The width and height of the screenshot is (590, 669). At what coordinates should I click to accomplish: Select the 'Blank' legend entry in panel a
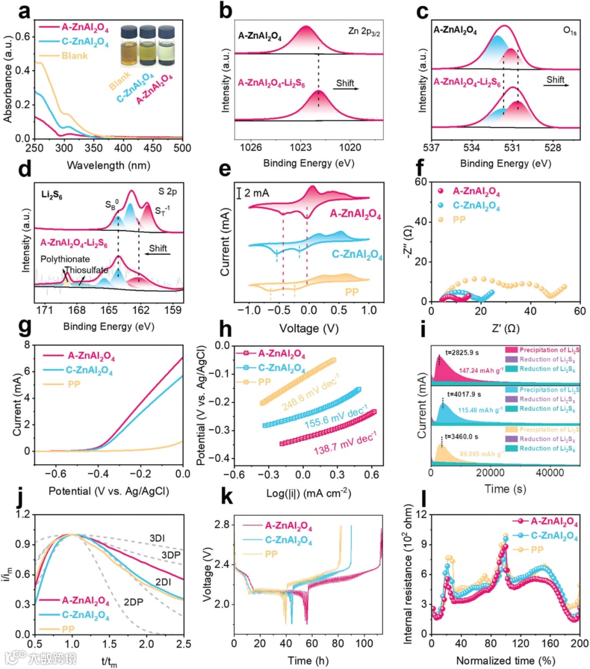point(74,56)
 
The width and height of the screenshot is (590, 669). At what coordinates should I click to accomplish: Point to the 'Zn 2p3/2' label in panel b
point(364,32)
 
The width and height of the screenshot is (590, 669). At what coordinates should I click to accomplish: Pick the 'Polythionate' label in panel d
point(65,259)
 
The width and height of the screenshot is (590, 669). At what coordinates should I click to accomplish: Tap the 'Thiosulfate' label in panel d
point(86,270)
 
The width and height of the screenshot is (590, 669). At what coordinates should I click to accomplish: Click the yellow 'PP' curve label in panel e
point(352,292)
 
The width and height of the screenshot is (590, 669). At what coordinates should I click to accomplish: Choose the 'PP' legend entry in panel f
point(460,220)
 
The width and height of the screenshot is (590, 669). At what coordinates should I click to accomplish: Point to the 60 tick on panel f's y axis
point(421,182)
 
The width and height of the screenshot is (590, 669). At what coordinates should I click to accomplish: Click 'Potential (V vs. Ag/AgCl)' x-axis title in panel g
point(109,491)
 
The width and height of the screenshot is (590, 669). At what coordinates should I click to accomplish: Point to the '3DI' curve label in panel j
point(157,539)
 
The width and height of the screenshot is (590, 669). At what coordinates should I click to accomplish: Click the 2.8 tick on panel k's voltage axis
point(222,525)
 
